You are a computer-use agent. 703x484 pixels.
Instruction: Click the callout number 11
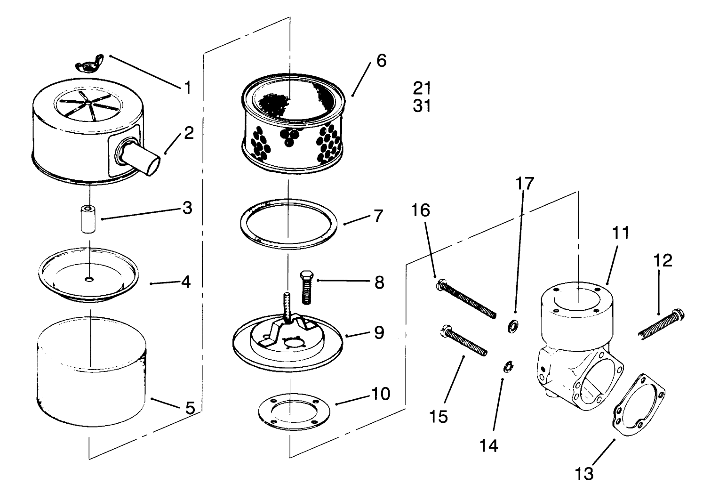620,234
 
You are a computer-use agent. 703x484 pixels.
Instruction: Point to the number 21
422,88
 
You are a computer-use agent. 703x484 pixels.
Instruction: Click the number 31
422,106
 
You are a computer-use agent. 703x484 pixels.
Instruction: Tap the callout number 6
381,61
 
